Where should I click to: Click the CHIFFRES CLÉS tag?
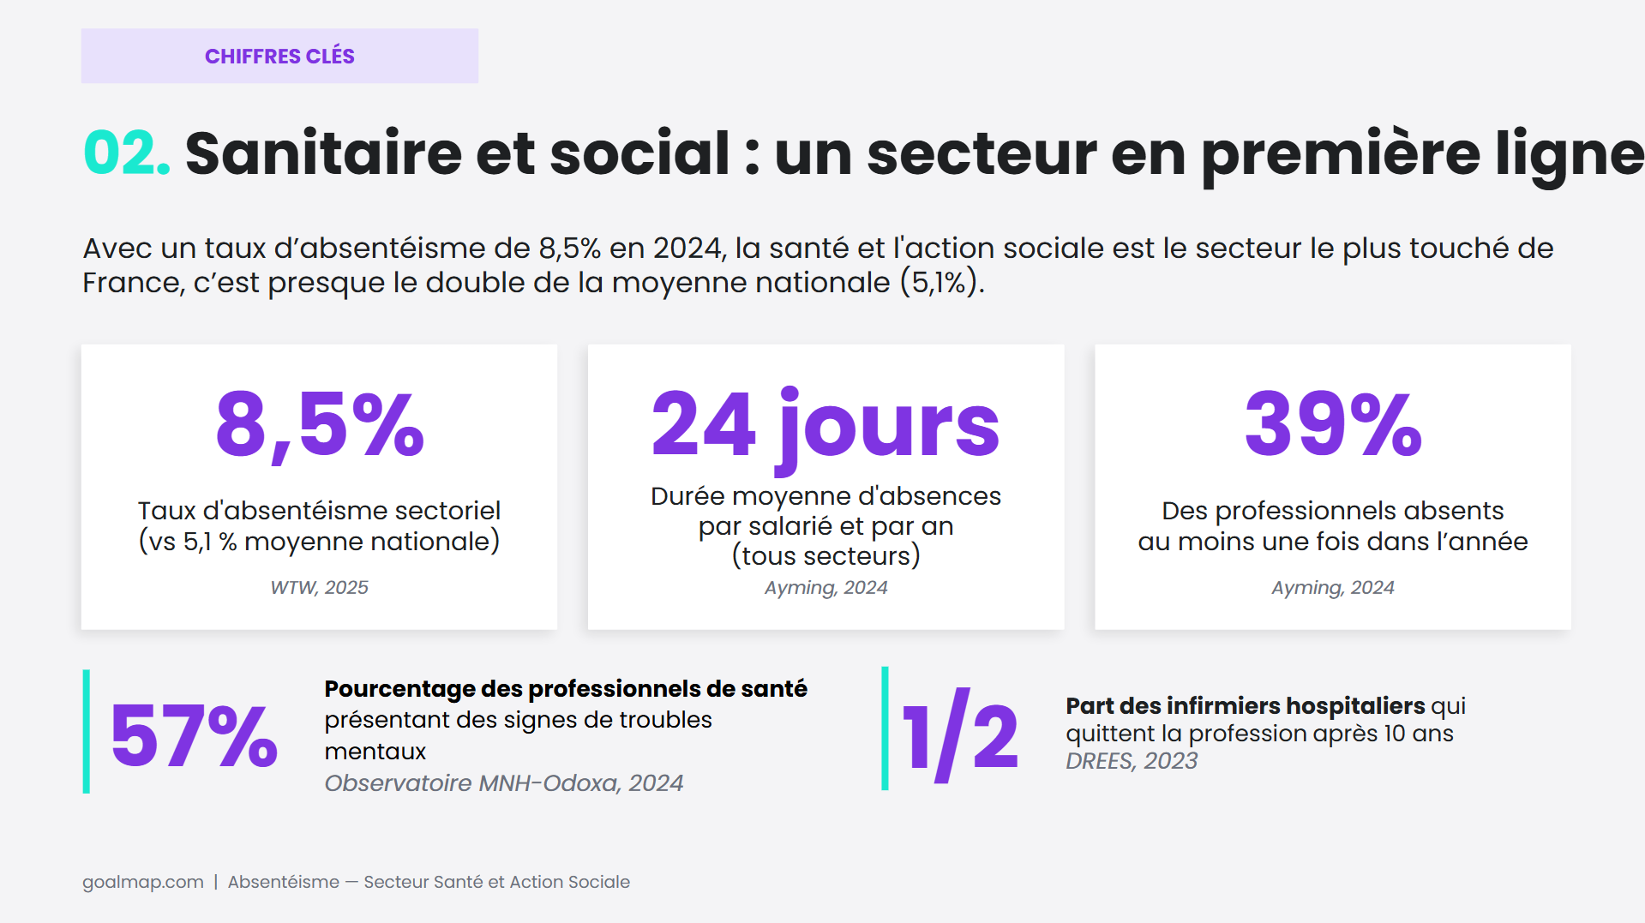click(279, 56)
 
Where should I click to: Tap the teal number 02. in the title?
click(127, 153)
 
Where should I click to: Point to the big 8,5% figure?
click(320, 424)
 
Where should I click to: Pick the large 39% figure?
click(1333, 423)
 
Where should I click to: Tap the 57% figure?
click(194, 735)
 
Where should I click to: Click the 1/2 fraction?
click(960, 735)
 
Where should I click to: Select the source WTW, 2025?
click(319, 588)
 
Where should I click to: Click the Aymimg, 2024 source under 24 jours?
click(826, 588)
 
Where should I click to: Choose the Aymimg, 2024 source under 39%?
click(1333, 588)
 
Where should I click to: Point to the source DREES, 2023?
click(1132, 761)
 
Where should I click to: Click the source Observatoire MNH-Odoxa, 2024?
click(504, 783)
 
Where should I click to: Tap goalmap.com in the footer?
click(143, 882)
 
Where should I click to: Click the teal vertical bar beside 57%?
click(87, 731)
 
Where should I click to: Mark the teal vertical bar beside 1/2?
click(886, 728)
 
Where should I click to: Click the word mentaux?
click(375, 752)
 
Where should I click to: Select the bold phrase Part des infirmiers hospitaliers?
click(1245, 705)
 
